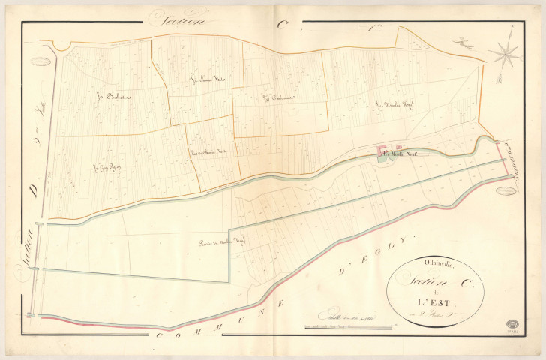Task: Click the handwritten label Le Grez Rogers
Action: (x=107, y=167)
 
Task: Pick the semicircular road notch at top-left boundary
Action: (x=62, y=46)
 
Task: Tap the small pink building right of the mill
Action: (x=398, y=147)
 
